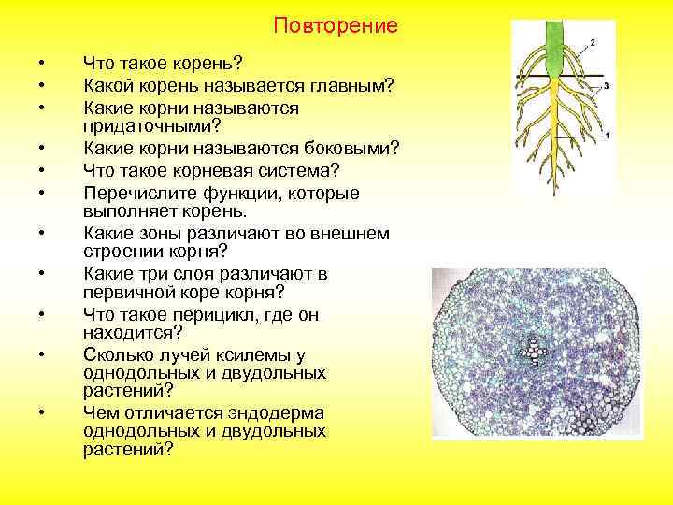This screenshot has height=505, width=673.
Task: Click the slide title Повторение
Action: (336, 25)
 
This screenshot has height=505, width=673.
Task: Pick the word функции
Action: (222, 192)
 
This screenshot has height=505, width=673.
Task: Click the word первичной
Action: (126, 294)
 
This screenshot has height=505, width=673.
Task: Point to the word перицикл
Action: (198, 315)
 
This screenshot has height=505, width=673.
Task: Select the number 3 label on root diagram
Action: (607, 85)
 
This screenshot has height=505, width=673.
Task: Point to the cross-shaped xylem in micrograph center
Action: (535, 352)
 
